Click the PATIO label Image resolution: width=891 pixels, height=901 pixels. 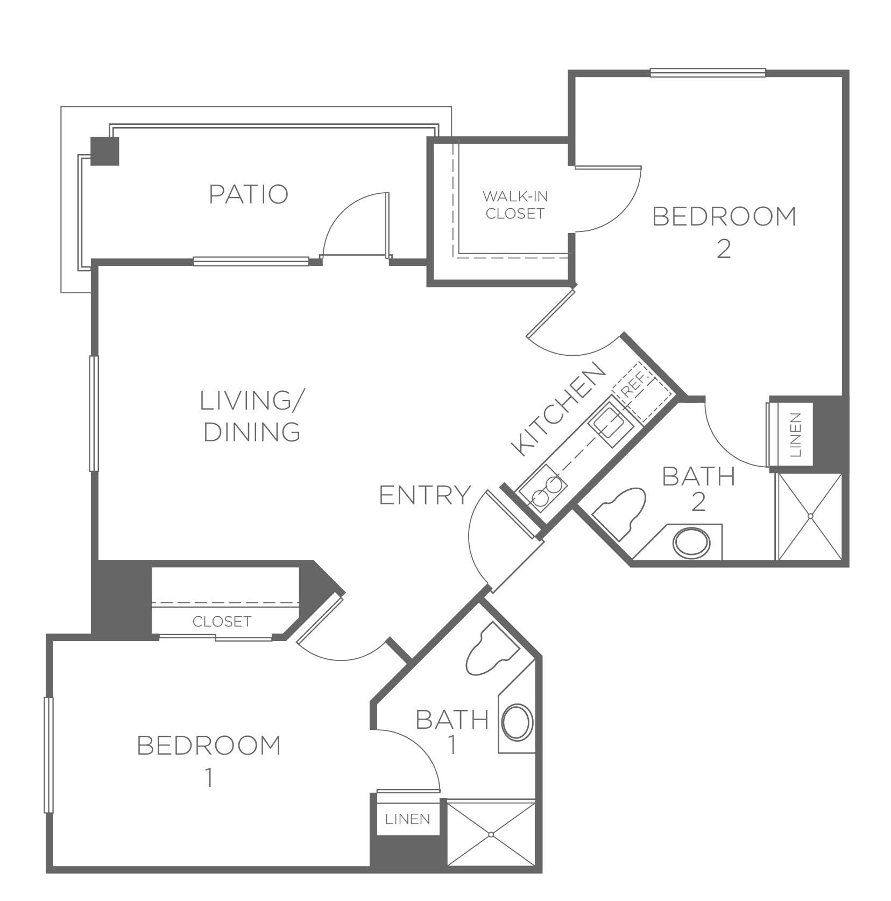point(249,194)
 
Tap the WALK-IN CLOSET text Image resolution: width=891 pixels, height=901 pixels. point(515,205)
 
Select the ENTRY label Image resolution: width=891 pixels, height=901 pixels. point(425,495)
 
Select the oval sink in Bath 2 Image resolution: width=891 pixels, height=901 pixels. point(692,543)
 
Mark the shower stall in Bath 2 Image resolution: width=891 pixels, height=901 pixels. point(809,517)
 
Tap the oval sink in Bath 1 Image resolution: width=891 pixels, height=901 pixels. point(518,721)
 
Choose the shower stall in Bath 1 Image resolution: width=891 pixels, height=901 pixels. point(492,834)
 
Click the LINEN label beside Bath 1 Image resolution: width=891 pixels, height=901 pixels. point(408,819)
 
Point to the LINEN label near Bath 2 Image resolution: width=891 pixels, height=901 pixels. point(797,435)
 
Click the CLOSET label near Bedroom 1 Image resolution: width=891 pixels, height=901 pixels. point(222,622)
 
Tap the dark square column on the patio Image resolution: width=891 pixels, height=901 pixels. point(104,151)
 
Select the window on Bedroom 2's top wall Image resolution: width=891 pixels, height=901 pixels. point(708,73)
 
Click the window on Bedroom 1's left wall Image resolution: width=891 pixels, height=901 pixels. point(48,755)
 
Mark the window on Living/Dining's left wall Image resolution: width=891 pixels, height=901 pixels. point(94,413)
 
